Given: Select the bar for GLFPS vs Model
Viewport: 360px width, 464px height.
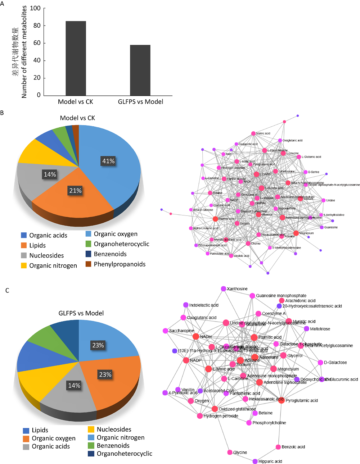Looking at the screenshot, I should [x=140, y=70].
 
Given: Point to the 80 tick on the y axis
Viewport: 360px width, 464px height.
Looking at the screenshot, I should [x=37, y=26].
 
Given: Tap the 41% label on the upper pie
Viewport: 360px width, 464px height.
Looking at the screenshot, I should [x=108, y=161].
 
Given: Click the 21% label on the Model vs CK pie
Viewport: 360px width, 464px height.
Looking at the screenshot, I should [x=75, y=191].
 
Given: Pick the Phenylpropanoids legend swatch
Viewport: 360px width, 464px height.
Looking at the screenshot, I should [x=88, y=264].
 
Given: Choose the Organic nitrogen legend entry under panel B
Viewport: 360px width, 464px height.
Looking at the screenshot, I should [x=53, y=265].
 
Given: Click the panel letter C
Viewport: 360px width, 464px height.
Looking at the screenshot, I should [x=7, y=290].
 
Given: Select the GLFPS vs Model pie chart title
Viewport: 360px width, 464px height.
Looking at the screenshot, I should [x=81, y=313].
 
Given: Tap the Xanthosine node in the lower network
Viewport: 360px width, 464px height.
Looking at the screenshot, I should [x=224, y=289].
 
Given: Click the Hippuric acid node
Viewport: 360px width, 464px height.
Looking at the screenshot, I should [x=255, y=461].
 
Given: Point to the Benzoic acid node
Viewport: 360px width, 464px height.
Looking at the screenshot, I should [x=278, y=447].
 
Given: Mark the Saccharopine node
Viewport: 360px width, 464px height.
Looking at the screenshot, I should [x=165, y=331].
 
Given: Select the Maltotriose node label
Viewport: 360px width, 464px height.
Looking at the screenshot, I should [x=320, y=329].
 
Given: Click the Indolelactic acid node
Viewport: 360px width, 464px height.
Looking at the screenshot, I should [x=186, y=305].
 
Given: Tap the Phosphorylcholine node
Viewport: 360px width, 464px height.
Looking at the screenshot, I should [x=249, y=423].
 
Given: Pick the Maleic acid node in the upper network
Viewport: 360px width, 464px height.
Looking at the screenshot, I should [x=253, y=133].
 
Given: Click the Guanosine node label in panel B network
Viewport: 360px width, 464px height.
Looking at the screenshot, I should [x=330, y=227].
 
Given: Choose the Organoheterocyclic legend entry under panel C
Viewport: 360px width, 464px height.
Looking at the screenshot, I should [x=124, y=454].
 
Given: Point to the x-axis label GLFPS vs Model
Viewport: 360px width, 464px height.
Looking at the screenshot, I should [x=140, y=102].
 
